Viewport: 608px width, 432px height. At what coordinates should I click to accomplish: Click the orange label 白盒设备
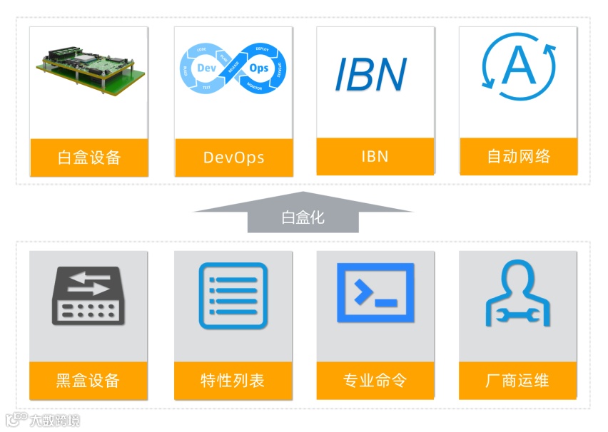(89, 157)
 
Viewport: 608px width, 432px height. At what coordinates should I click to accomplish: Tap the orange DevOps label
(233, 157)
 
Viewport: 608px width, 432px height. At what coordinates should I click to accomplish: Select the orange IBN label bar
(375, 157)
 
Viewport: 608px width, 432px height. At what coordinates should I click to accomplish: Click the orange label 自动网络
(518, 157)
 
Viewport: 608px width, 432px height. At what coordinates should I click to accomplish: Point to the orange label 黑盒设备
(88, 380)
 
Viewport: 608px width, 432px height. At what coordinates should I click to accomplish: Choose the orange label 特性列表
(233, 380)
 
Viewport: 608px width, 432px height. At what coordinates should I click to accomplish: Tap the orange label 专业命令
(375, 380)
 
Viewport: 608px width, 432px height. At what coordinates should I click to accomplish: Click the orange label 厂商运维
(518, 380)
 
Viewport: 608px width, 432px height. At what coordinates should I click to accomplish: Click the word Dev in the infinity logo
(206, 68)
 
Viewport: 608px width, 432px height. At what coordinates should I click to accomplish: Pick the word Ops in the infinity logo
(259, 69)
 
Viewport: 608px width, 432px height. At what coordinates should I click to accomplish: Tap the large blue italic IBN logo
(371, 73)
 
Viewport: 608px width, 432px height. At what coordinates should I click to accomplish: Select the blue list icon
(233, 296)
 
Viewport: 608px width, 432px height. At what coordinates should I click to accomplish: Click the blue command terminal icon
(375, 292)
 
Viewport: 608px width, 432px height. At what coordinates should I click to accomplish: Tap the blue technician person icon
(518, 294)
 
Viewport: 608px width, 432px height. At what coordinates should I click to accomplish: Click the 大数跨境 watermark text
(54, 420)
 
